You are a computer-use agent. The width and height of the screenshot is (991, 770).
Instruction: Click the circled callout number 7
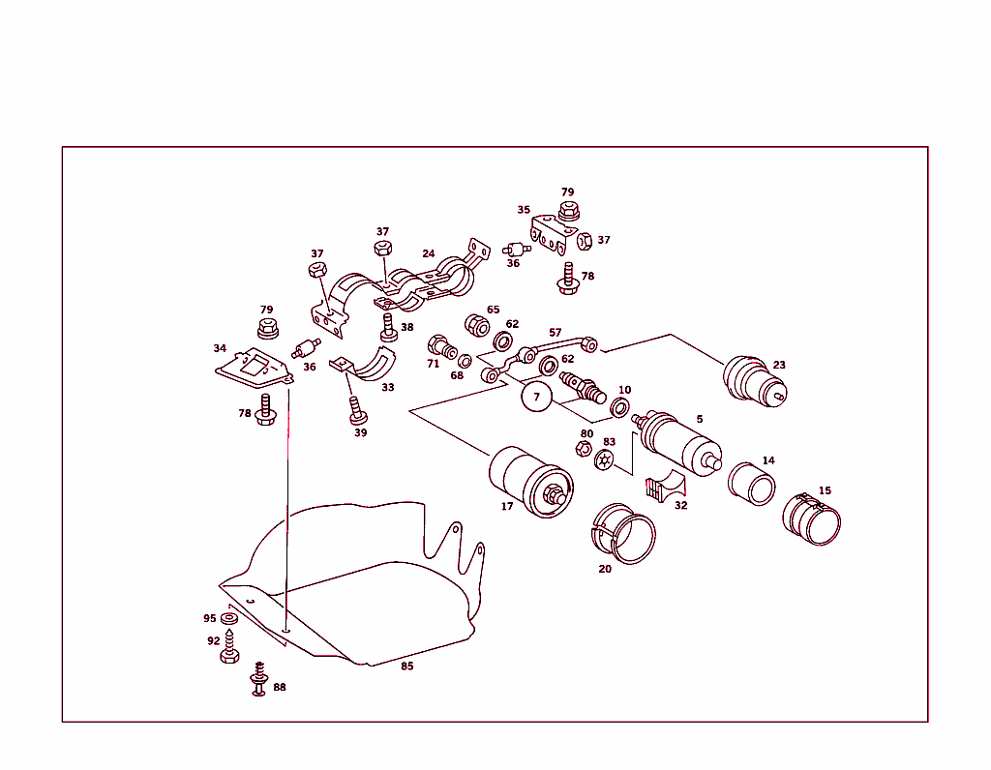(x=536, y=397)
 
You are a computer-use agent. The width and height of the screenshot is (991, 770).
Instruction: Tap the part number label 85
(x=407, y=666)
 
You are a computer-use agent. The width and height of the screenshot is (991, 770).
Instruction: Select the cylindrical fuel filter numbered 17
(x=531, y=482)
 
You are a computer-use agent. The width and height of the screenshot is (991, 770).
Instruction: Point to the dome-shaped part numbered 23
(x=755, y=381)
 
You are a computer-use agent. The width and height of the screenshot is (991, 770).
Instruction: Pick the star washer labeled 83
(x=605, y=459)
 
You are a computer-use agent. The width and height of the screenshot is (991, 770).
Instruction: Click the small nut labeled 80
(x=584, y=449)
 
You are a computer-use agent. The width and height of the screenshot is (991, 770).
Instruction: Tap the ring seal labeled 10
(x=619, y=407)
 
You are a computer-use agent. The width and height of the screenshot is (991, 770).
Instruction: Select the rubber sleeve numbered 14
(x=751, y=485)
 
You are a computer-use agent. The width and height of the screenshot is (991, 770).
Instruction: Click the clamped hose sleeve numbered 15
(x=812, y=519)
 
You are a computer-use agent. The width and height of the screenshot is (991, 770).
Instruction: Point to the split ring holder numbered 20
(x=623, y=534)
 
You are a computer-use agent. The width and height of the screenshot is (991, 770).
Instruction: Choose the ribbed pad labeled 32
(x=665, y=486)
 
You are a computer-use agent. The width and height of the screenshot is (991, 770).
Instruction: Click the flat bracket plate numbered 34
(x=255, y=368)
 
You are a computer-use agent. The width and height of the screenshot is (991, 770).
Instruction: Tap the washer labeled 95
(x=228, y=618)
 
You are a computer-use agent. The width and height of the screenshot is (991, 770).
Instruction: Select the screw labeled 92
(x=229, y=647)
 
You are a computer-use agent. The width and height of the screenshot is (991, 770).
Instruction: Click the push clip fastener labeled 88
(x=259, y=679)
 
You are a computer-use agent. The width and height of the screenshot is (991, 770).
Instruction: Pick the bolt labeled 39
(x=358, y=410)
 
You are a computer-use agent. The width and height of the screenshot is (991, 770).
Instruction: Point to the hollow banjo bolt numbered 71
(x=442, y=346)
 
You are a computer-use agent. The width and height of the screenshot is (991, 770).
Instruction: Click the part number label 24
(x=429, y=253)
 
